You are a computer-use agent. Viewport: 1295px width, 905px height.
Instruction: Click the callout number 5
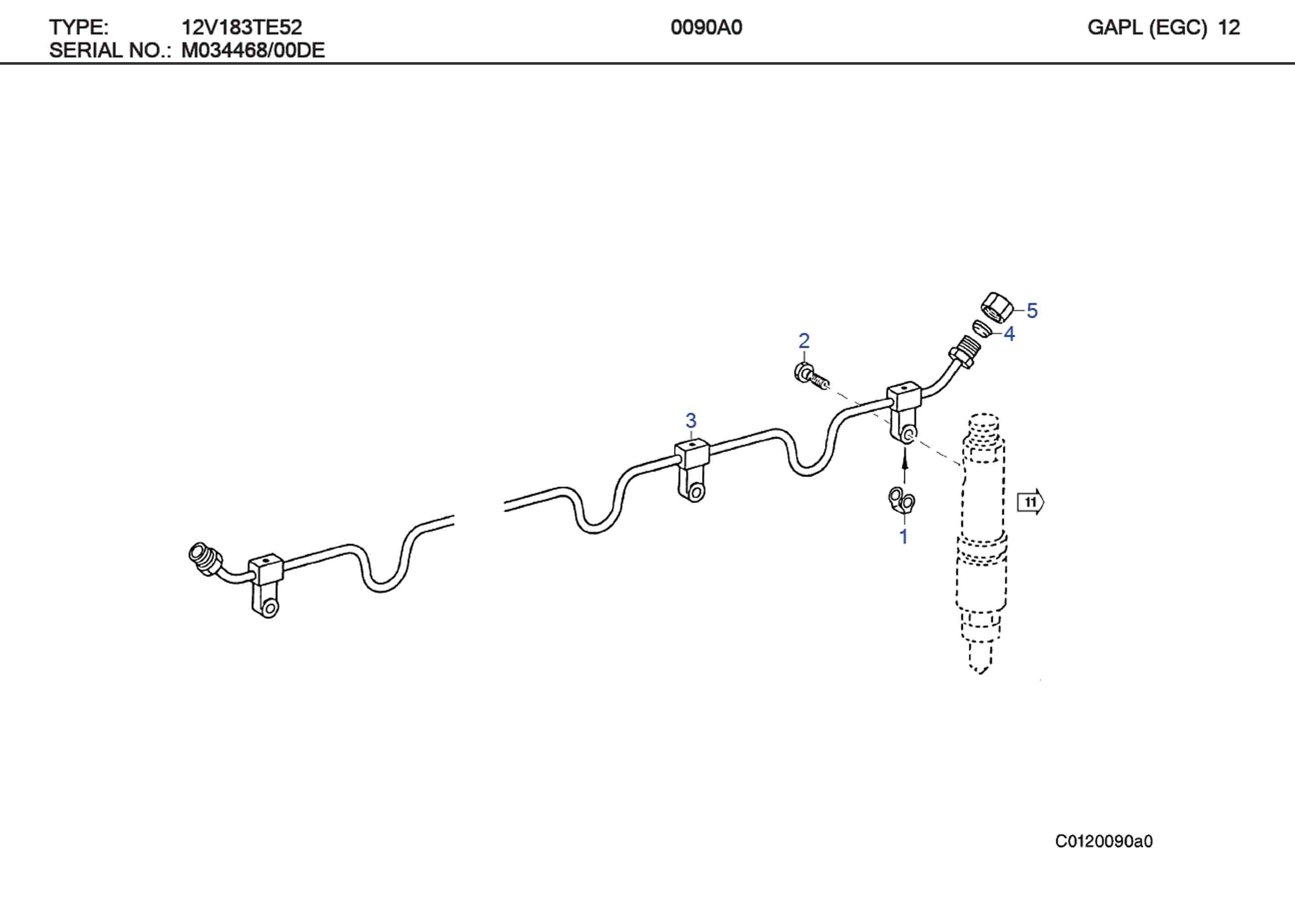1032,311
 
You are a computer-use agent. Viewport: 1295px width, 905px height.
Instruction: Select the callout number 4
1009,334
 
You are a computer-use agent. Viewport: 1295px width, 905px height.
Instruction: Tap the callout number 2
804,341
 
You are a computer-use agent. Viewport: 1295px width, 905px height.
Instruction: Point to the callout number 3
691,421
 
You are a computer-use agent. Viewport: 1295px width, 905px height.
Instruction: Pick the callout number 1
904,536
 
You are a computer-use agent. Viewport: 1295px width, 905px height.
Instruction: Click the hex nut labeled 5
996,307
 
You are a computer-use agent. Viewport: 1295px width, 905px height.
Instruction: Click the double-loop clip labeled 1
901,500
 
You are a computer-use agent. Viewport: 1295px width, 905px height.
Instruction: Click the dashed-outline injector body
982,541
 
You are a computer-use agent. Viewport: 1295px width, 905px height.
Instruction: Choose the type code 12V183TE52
242,27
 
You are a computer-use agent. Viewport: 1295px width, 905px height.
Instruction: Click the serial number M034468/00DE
253,51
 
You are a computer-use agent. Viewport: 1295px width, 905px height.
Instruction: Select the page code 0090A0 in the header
706,27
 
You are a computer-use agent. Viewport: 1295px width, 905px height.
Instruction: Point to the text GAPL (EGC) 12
1163,27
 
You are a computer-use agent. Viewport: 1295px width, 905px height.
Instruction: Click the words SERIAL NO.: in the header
110,51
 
